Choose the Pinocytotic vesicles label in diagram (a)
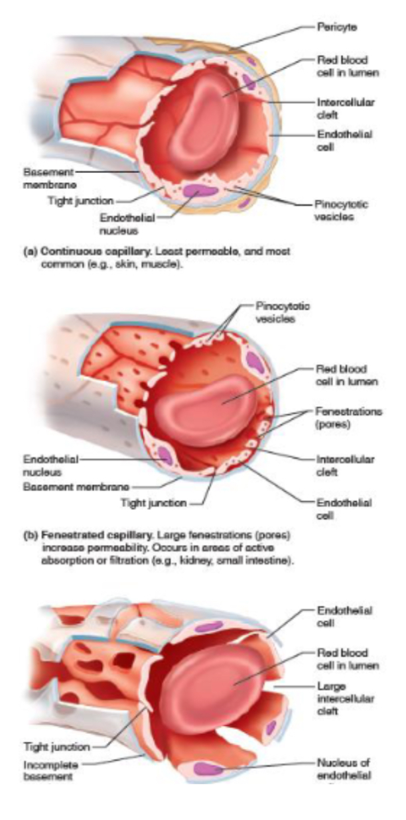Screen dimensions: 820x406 tap(342, 209)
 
